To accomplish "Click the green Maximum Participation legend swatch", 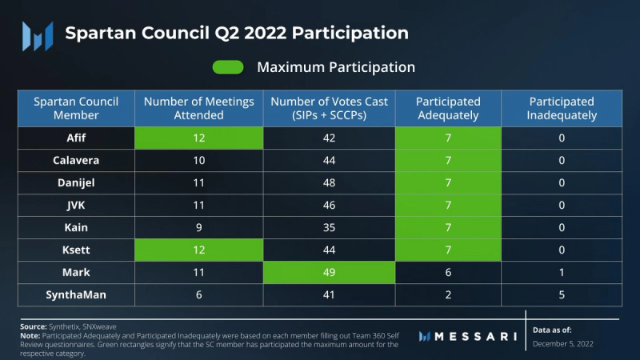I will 228,67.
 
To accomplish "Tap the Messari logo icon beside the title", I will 37,34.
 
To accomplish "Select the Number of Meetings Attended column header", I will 198,108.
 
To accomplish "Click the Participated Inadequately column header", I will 562,108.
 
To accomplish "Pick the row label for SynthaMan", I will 76,294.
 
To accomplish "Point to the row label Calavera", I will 76,160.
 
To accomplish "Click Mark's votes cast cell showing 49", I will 329,272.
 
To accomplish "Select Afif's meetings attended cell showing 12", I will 198,138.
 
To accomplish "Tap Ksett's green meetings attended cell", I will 198,250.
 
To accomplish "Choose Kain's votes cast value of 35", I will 329,227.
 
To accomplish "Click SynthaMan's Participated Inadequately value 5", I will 562,294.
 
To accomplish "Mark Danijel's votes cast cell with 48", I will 329,182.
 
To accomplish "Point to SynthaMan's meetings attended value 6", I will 198,294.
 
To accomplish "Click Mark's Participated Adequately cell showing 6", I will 449,272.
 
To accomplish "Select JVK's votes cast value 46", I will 329,205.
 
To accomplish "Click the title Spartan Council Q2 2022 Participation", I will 237,34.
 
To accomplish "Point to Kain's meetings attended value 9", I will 198,227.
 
